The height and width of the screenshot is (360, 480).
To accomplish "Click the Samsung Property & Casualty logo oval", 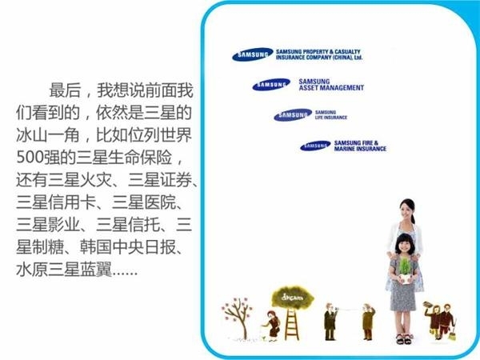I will [x=253, y=56].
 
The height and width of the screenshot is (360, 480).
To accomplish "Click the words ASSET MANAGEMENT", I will [x=331, y=88].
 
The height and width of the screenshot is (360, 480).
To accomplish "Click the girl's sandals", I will [x=403, y=339].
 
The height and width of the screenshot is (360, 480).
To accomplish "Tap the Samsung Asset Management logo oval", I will [x=271, y=84].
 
